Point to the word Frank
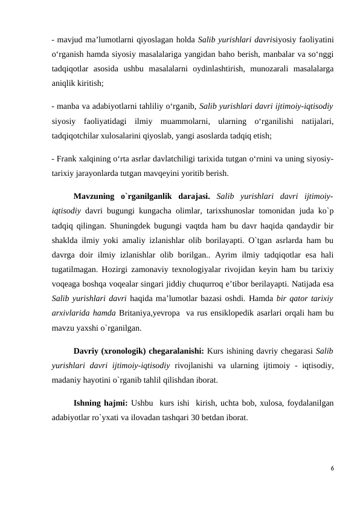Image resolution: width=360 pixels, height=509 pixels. [67, 159]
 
